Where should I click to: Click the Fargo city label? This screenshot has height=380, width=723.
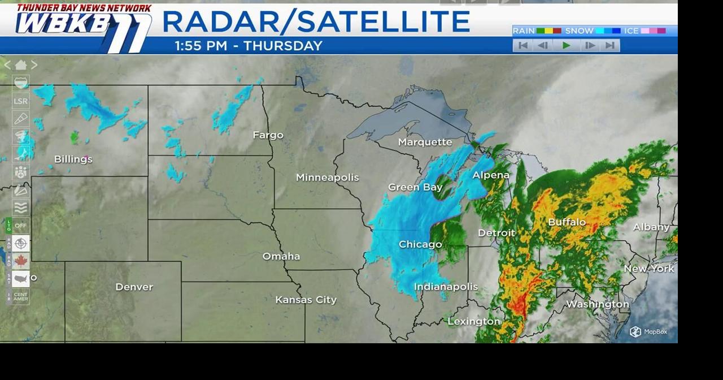(268, 135)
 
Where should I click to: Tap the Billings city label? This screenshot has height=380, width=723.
(73, 159)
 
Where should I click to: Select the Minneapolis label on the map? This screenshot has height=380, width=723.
(327, 178)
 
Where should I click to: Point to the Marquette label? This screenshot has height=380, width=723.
(425, 142)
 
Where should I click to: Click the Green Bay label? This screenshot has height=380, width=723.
(415, 187)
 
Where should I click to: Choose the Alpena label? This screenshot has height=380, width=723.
(491, 175)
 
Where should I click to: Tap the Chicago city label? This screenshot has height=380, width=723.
(420, 244)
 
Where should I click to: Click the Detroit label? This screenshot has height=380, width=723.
(496, 233)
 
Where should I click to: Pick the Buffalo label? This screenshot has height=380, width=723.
(567, 222)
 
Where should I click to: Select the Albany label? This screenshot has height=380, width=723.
(651, 227)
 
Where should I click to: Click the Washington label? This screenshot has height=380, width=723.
(597, 304)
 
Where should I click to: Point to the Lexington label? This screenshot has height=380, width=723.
(473, 321)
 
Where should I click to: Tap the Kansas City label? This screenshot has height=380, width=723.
(306, 300)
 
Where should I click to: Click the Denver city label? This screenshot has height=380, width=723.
(134, 287)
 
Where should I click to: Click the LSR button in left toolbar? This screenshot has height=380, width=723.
(20, 101)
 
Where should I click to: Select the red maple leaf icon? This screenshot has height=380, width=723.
(21, 261)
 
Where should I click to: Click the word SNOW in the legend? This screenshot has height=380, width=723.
(579, 31)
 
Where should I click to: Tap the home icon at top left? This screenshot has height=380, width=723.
(21, 65)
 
